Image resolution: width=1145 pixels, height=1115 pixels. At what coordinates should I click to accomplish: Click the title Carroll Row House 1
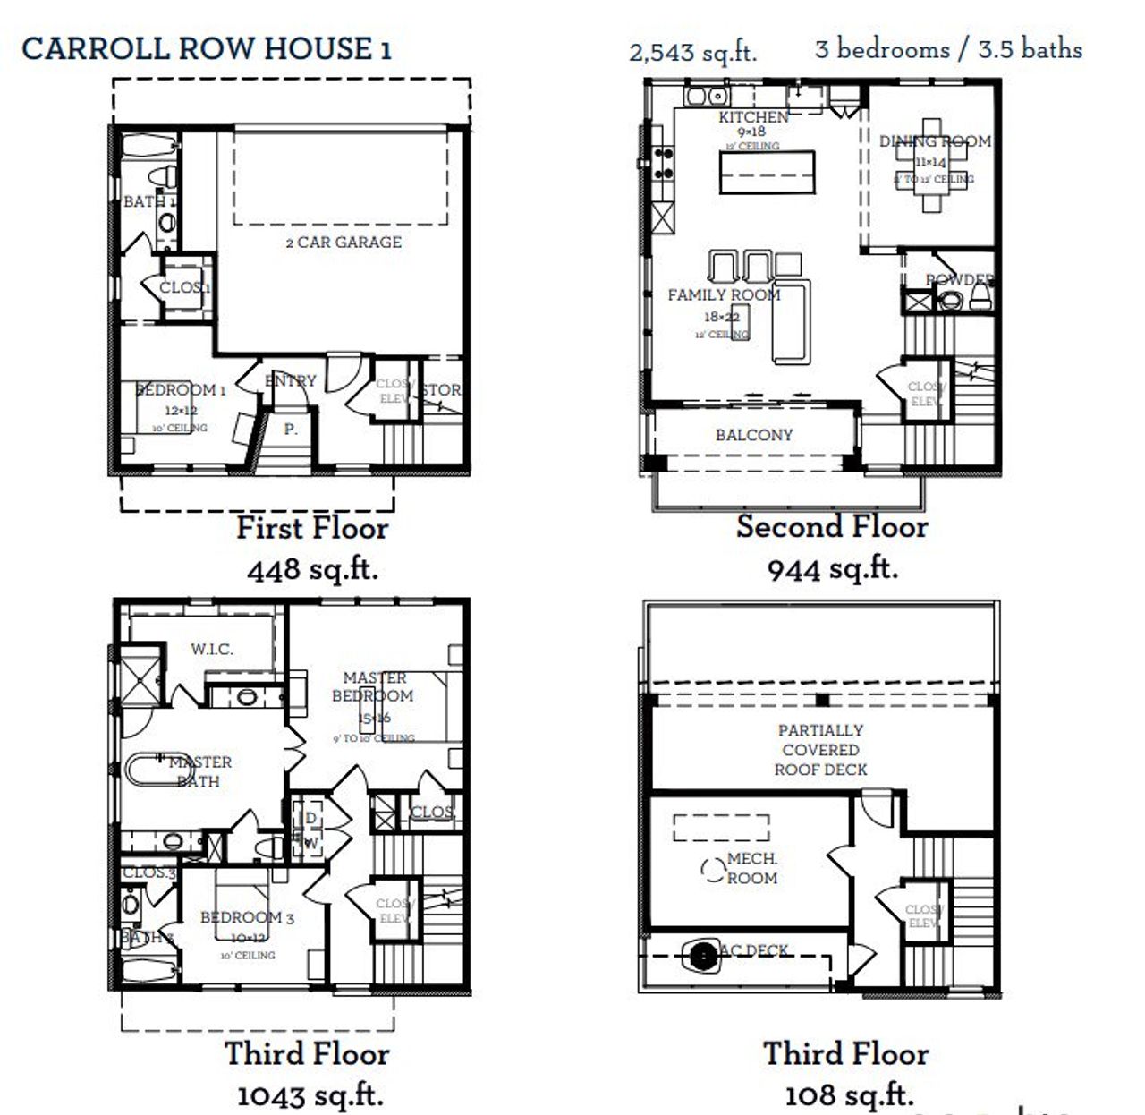click(x=207, y=48)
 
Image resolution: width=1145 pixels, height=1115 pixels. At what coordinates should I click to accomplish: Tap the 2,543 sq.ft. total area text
click(x=692, y=52)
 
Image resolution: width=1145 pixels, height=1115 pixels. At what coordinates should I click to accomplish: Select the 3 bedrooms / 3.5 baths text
click(x=948, y=49)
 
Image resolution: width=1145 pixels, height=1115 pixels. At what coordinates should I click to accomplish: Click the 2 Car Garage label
click(x=343, y=242)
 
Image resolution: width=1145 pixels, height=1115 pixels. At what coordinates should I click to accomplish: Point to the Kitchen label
click(x=753, y=117)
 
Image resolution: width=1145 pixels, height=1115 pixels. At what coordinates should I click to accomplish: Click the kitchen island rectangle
click(x=768, y=172)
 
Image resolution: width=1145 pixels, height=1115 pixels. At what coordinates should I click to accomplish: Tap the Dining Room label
click(x=935, y=141)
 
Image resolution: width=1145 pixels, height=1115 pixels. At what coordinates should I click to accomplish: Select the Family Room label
click(x=724, y=294)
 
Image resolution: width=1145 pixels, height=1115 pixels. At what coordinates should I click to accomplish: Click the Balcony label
click(x=754, y=435)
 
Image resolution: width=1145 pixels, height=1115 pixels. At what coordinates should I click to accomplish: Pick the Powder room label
click(x=959, y=279)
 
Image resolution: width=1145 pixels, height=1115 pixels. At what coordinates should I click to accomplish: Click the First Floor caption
click(x=312, y=528)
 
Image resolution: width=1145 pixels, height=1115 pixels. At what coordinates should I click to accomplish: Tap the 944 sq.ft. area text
click(x=832, y=568)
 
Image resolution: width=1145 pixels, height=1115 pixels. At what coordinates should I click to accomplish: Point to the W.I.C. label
click(x=212, y=649)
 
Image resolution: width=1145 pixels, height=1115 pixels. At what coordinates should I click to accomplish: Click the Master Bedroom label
click(x=373, y=686)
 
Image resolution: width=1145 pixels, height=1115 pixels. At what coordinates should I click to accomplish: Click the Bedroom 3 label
click(x=247, y=917)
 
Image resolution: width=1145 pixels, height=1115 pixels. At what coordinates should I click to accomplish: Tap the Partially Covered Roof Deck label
click(x=820, y=750)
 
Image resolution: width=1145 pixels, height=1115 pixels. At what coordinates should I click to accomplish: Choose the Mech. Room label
click(x=751, y=868)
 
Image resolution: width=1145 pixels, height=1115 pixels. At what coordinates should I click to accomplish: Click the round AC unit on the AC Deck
click(x=703, y=955)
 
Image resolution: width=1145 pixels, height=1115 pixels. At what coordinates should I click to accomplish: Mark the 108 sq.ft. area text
click(x=849, y=1094)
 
